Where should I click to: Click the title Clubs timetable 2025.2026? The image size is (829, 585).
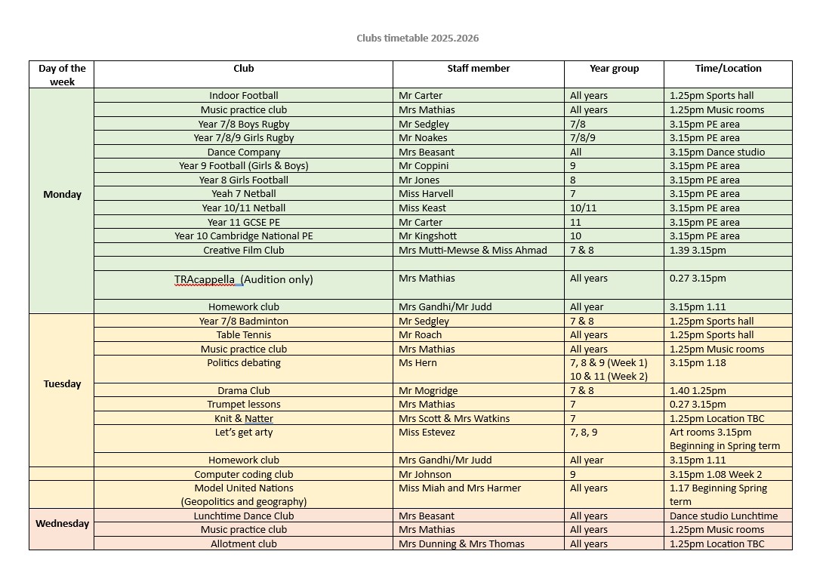click(418, 38)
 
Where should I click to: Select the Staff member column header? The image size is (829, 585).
click(478, 69)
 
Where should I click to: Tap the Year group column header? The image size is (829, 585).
click(614, 69)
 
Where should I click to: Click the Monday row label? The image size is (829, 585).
click(62, 194)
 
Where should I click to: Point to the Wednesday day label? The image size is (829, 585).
click(62, 523)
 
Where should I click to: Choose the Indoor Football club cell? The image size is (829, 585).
click(243, 96)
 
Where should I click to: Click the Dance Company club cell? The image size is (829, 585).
click(243, 152)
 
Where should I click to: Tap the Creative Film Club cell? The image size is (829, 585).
click(243, 250)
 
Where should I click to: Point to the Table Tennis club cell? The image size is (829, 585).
click(243, 335)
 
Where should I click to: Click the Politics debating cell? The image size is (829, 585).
click(243, 363)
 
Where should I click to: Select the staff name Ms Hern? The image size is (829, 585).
click(418, 363)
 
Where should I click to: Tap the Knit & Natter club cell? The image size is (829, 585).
click(243, 419)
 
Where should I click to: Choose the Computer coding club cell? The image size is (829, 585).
click(243, 475)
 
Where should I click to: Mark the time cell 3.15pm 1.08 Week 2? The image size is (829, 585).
click(716, 475)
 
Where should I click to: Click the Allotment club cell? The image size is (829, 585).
click(243, 543)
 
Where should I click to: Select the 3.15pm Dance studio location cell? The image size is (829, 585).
click(717, 152)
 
